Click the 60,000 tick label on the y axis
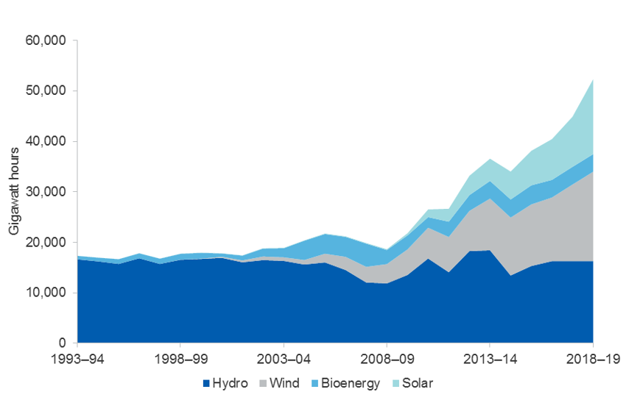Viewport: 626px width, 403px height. point(46,40)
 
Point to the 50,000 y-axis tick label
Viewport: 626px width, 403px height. point(46,91)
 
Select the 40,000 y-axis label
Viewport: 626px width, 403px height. point(46,141)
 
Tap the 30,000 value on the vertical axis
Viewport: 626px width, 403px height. point(46,192)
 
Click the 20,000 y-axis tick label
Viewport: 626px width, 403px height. point(46,243)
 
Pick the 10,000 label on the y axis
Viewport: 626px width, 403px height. point(46,293)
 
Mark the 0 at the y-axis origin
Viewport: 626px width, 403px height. point(63,343)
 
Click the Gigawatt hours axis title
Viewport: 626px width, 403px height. point(14,192)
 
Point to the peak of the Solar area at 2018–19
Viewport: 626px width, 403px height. point(593,79)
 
